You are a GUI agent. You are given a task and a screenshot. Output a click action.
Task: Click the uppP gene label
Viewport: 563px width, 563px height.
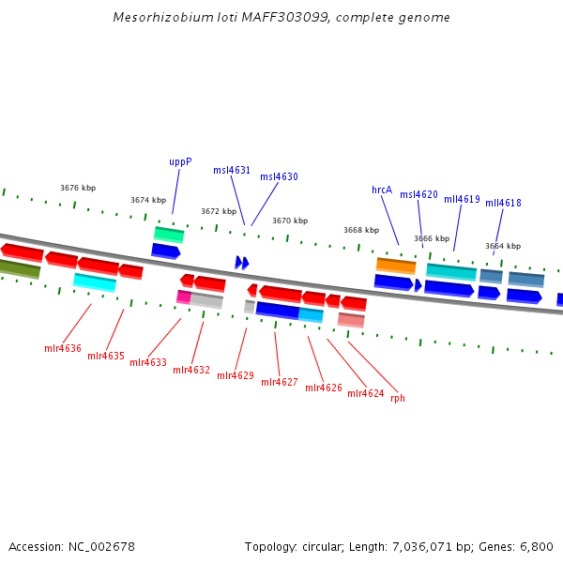(180, 161)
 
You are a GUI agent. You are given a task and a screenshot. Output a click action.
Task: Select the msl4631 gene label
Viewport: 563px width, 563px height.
(232, 171)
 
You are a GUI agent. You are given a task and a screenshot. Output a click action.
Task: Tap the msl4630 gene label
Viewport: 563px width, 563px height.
(279, 176)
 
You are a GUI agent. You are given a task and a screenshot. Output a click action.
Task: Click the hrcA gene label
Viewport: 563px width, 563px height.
(382, 190)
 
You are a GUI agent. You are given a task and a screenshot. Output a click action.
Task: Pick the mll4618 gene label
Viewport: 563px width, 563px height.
(503, 203)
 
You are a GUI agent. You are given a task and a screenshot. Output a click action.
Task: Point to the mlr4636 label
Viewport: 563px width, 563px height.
(63, 348)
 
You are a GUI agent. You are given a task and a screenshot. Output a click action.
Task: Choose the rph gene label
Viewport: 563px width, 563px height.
(398, 398)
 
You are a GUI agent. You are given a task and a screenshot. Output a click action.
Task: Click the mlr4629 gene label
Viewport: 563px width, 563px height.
(236, 375)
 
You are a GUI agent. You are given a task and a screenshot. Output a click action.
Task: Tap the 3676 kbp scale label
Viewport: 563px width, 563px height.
(78, 188)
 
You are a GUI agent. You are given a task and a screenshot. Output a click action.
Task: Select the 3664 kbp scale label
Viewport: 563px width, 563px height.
(503, 246)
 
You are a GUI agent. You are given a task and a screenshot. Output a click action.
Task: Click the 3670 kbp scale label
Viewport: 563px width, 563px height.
(290, 221)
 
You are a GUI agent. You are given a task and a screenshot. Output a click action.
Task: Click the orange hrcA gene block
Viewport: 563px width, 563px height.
(396, 266)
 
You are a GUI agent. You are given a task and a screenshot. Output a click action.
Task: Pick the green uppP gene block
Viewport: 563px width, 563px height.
(169, 234)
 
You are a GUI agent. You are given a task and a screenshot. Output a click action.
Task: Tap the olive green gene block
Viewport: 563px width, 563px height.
(20, 269)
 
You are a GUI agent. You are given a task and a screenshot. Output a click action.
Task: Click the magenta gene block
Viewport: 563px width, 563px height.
(183, 297)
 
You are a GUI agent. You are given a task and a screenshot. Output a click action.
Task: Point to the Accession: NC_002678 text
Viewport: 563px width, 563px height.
(72, 546)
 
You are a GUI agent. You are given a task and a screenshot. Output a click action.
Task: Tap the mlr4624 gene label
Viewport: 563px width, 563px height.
(365, 393)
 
